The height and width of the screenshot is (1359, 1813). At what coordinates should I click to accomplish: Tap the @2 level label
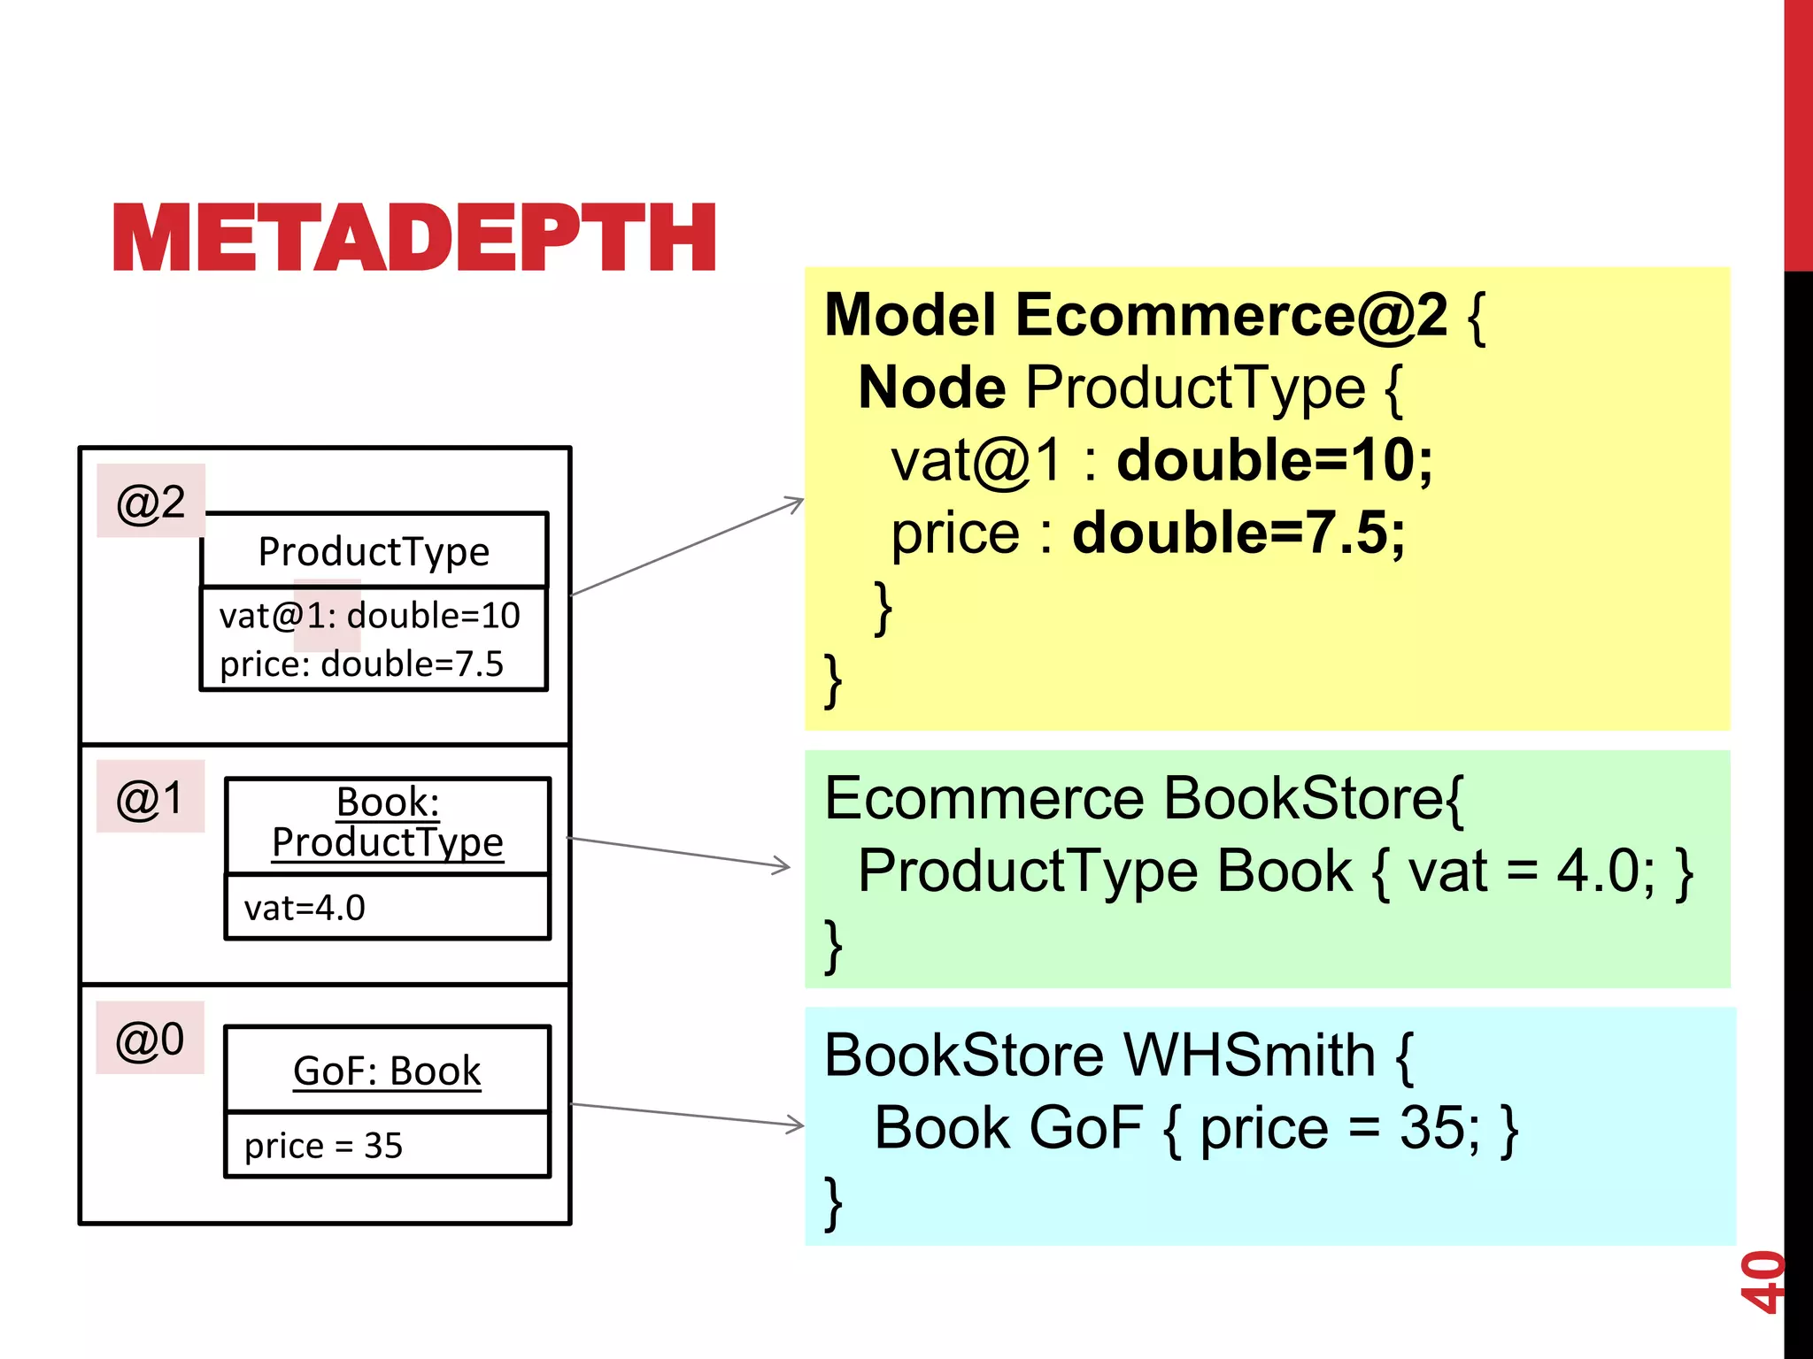coord(150,502)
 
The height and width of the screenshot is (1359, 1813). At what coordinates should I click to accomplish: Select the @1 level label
coord(150,797)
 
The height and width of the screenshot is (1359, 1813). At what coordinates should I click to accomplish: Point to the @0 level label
coord(150,1039)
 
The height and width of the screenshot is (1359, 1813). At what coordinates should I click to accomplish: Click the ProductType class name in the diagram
coord(374,551)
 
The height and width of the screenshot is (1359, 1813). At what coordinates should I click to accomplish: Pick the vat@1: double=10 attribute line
coord(369,615)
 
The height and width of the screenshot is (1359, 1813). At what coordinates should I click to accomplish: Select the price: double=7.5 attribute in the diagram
coord(361,664)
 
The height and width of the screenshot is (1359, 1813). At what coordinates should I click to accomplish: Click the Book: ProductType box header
coord(387,822)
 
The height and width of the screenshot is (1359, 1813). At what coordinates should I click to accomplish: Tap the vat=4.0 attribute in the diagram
coord(305,908)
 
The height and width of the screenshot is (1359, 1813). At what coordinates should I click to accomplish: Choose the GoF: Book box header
coord(387,1071)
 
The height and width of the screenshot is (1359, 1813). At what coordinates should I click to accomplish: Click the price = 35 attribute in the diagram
coord(323,1146)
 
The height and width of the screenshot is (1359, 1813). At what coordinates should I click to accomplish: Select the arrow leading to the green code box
coord(678,852)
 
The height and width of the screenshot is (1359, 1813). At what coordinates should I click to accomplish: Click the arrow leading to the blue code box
coord(687,1115)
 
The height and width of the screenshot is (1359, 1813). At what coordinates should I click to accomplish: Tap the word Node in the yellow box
coord(931,388)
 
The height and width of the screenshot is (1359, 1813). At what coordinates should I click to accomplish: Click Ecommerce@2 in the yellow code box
coord(1231,315)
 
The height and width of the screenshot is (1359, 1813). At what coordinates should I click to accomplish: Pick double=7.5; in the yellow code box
coord(1238,533)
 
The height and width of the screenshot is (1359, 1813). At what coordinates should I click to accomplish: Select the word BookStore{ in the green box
coord(1313,798)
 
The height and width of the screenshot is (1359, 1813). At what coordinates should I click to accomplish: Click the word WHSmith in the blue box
coord(1249,1055)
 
